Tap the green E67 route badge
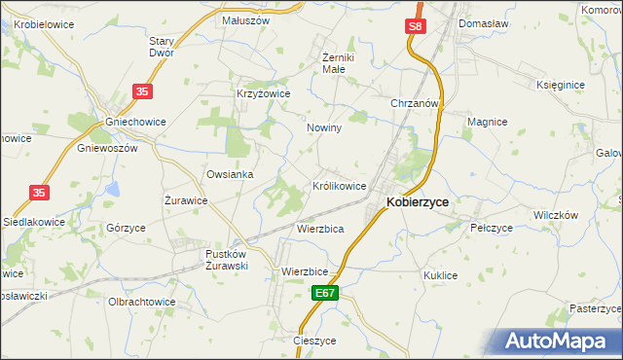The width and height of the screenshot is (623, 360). click(326, 292)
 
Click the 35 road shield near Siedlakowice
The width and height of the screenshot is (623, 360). click(39, 194)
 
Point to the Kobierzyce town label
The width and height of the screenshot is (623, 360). click(418, 202)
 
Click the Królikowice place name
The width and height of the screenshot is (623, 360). click(339, 185)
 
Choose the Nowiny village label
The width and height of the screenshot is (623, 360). click(323, 128)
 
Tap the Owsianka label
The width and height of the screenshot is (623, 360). click(230, 174)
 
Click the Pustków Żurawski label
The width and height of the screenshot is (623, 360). click(229, 260)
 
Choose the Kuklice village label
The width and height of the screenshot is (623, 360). click(440, 275)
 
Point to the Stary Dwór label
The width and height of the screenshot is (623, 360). click(161, 48)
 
